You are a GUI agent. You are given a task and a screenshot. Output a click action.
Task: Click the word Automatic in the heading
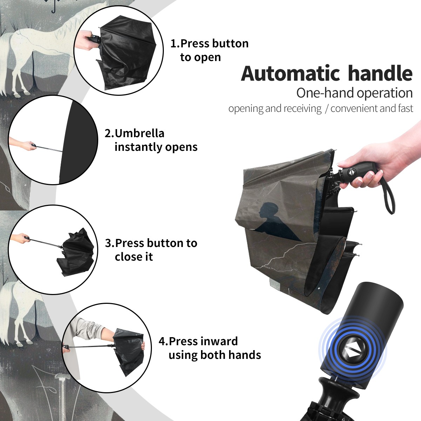[x=290, y=73]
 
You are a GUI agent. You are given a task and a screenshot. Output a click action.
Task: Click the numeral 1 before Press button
[x=174, y=43]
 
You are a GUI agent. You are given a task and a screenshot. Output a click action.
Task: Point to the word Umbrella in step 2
[x=139, y=133]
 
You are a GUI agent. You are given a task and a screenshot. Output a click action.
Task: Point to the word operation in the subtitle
[x=385, y=93]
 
